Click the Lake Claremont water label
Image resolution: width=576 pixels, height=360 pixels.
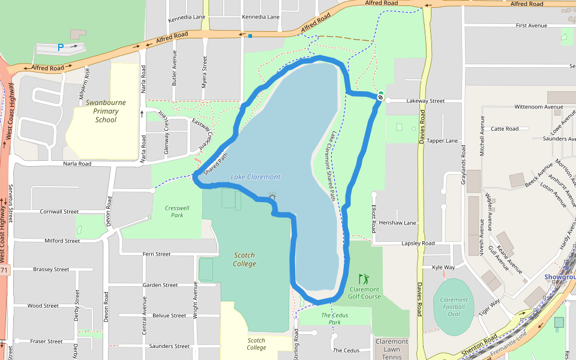click(x=255, y=177)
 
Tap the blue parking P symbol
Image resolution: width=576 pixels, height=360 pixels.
click(x=60, y=47)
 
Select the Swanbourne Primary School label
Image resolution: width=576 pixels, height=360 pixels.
click(x=106, y=111)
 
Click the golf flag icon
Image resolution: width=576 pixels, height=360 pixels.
click(x=364, y=279)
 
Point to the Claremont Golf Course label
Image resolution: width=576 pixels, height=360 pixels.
click(x=365, y=292)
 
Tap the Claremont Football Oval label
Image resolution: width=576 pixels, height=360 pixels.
click(x=454, y=307)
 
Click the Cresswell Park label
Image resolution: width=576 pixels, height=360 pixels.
click(x=177, y=211)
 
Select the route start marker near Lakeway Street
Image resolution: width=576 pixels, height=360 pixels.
click(x=380, y=97)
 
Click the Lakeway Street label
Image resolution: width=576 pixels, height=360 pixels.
click(x=425, y=101)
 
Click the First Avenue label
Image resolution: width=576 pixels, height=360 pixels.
click(x=532, y=26)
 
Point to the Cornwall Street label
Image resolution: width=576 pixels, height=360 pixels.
click(x=59, y=212)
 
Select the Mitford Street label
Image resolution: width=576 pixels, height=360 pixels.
click(x=62, y=241)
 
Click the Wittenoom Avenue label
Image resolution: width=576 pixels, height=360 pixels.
click(x=538, y=107)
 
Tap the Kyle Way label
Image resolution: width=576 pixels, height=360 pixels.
click(x=443, y=267)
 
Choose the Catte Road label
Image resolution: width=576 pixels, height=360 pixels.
click(x=505, y=128)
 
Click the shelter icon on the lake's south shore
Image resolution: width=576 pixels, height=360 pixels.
click(x=272, y=196)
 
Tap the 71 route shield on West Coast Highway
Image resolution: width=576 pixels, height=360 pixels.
click(x=4, y=271)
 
